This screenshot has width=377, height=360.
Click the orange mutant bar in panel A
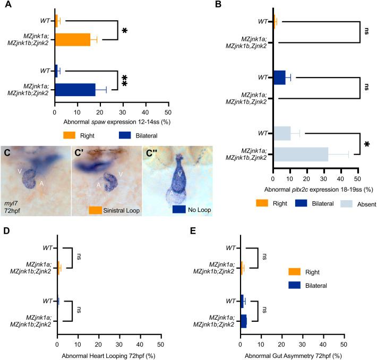72,40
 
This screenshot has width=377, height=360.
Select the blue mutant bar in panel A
75,90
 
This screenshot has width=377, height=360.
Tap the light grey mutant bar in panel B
301,155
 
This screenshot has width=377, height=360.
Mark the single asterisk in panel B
365,144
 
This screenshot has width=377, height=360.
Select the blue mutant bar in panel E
243,321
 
